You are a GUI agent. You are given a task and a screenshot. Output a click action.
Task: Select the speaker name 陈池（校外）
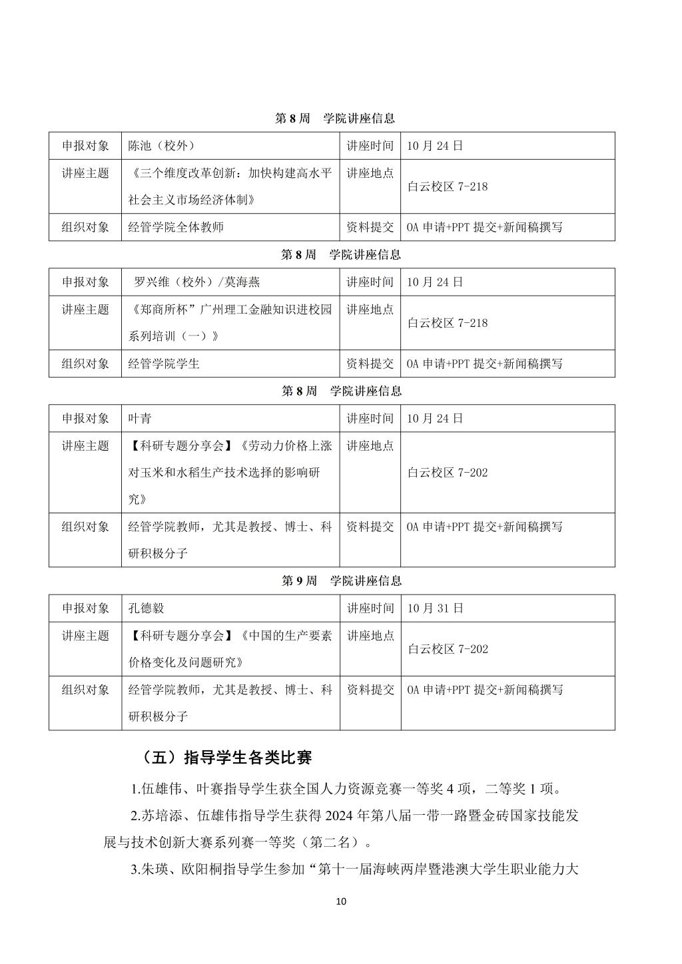coord(161,146)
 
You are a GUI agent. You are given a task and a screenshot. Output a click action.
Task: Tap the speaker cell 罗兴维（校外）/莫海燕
coord(196,282)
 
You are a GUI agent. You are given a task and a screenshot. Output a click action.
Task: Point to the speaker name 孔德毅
coord(146,608)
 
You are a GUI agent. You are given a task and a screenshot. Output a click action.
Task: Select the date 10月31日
coord(435,608)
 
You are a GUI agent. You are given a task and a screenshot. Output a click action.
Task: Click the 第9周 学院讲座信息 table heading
coord(341,581)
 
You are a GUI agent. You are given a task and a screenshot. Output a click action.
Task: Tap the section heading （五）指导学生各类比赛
coord(226,758)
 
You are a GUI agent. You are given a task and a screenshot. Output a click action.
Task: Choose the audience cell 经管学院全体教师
coord(176,227)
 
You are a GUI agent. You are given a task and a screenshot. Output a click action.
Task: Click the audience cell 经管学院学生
coord(164,364)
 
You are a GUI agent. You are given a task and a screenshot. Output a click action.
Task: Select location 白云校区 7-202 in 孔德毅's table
coord(448,649)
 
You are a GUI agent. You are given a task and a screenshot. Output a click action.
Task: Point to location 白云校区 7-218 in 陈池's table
coord(448,187)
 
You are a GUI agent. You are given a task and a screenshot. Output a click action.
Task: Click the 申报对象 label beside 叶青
coord(85,419)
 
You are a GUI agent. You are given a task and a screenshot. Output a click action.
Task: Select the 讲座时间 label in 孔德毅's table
coord(370,608)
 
